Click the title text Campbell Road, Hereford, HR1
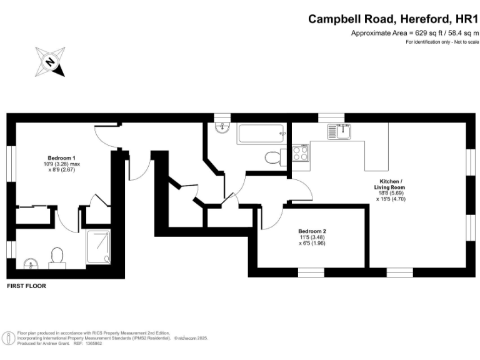(x=393, y=19)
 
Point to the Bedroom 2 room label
(x=312, y=231)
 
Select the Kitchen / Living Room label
(x=389, y=184)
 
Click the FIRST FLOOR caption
(x=26, y=286)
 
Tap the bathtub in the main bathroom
(x=261, y=134)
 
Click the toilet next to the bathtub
(x=273, y=157)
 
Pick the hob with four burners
(x=299, y=153)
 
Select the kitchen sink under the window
(x=344, y=131)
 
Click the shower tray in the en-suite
(x=99, y=246)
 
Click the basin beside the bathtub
(x=222, y=128)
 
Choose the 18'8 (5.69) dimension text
(x=389, y=194)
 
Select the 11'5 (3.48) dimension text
(x=312, y=237)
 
